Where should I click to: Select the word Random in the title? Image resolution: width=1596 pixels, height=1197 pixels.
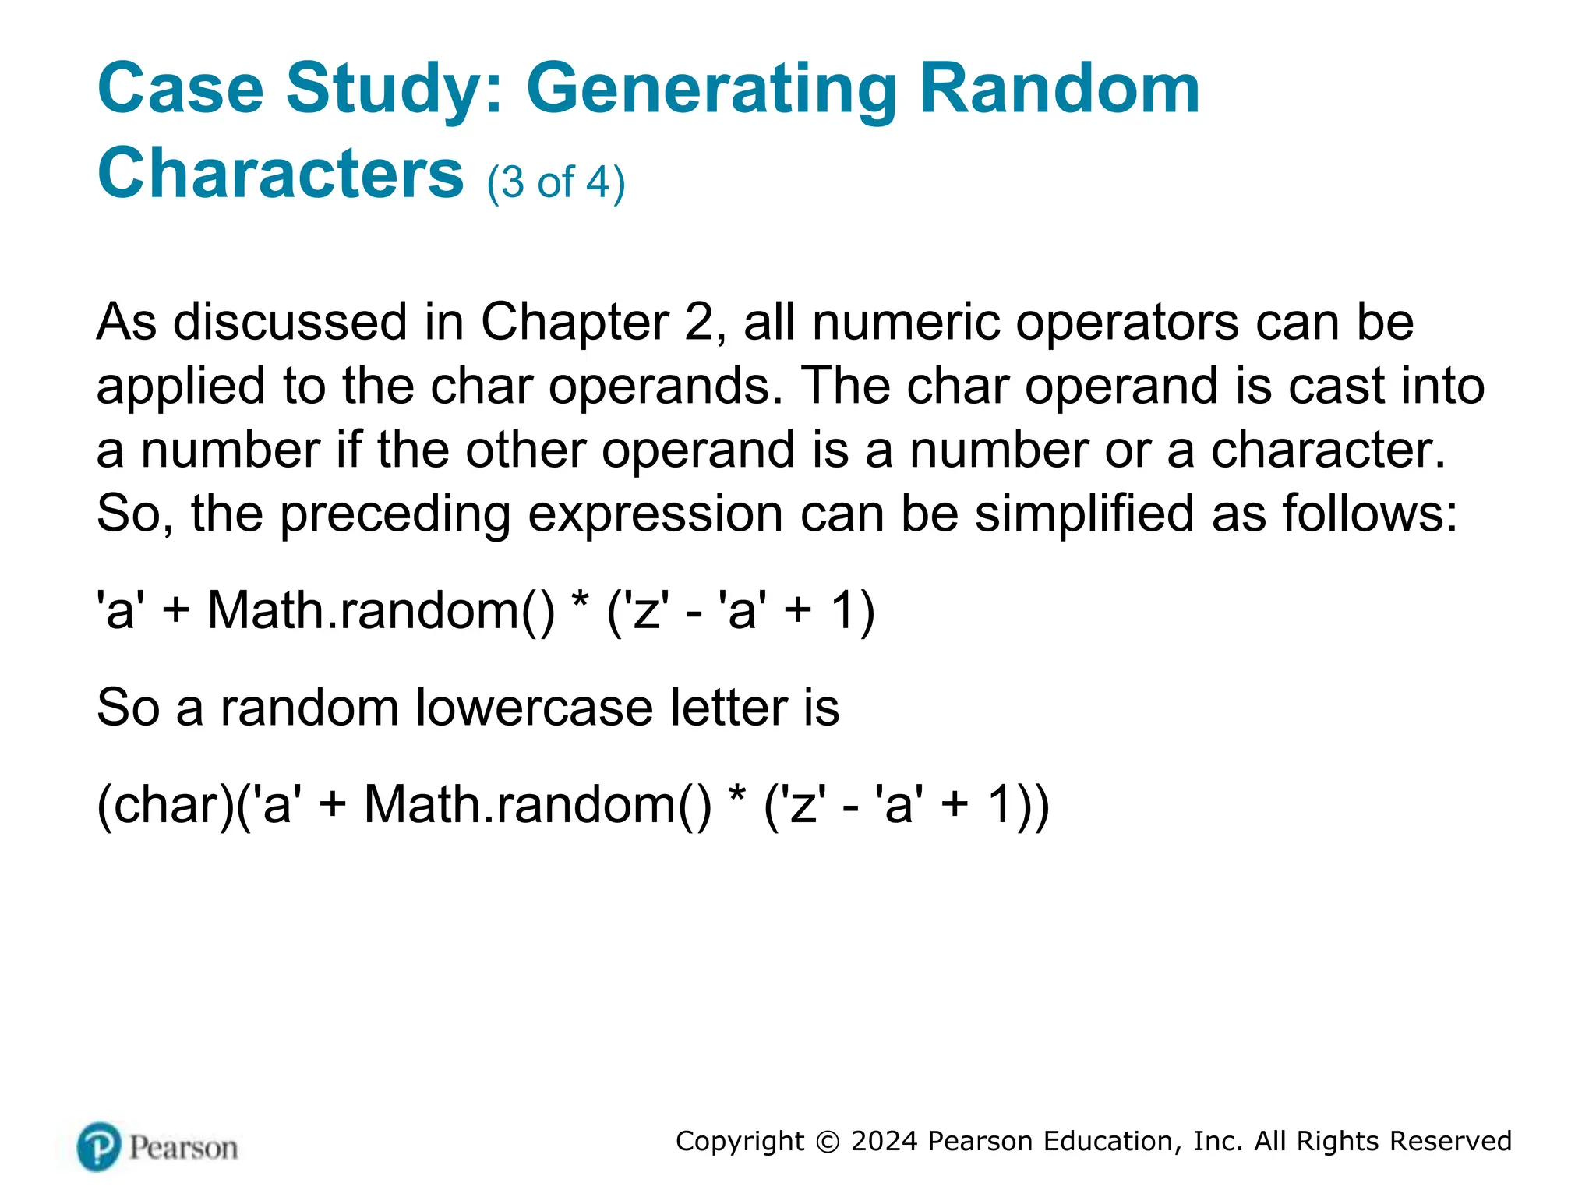(x=1060, y=89)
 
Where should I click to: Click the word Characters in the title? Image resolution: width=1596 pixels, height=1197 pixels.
(x=281, y=173)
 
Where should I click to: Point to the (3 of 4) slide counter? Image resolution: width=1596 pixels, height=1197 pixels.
(x=556, y=182)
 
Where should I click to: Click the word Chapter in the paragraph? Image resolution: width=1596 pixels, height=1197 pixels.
(x=574, y=322)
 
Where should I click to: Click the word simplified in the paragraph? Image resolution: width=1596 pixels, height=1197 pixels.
(x=1084, y=514)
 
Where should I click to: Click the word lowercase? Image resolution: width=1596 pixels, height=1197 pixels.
(x=535, y=708)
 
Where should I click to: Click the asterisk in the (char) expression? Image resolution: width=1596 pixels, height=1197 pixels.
(x=736, y=796)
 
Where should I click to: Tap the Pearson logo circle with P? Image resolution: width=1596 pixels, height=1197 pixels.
(x=100, y=1146)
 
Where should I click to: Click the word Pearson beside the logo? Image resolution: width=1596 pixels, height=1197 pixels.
(x=183, y=1148)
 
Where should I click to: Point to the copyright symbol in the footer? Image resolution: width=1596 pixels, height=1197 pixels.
(x=828, y=1142)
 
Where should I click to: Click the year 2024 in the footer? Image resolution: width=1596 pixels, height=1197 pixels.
(x=884, y=1141)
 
